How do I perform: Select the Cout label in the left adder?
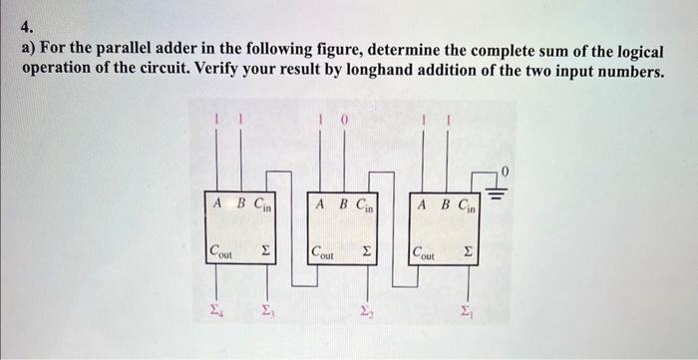tap(220, 252)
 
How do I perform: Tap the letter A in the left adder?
tap(217, 204)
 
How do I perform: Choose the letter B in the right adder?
tap(444, 204)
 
